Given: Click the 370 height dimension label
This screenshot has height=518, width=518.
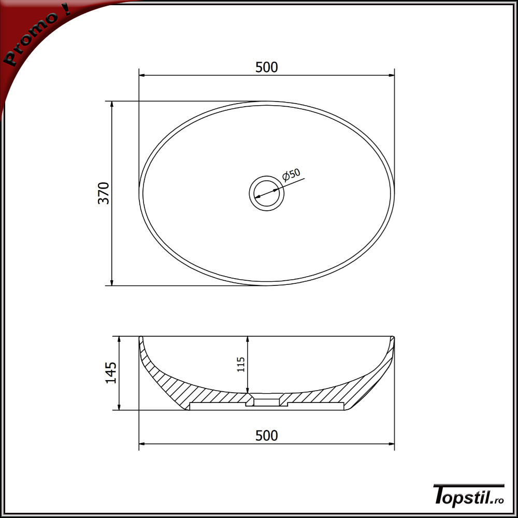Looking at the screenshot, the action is pos(104,193).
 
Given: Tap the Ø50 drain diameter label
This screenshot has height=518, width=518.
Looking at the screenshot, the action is pos(291,175).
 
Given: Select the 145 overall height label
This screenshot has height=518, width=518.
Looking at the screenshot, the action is pos(111,372).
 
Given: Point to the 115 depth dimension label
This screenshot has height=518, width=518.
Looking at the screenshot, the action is pos(241,364).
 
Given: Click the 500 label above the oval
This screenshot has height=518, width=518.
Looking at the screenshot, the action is pos(267,67).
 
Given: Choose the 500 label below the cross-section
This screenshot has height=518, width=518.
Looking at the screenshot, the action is pos(267,436).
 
